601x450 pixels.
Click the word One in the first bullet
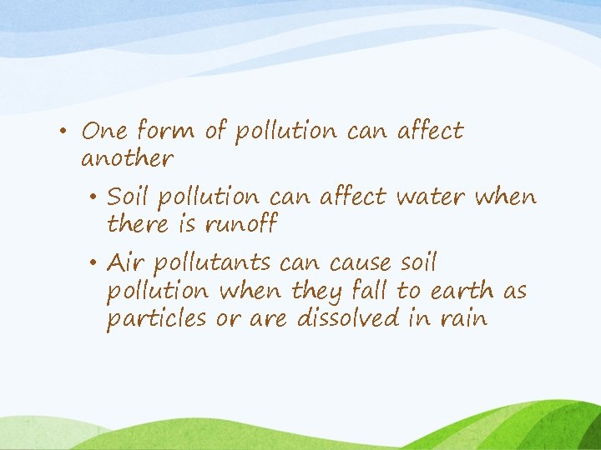pos(104,131)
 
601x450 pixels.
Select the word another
pos(127,158)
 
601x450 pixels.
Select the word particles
pos(157,319)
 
